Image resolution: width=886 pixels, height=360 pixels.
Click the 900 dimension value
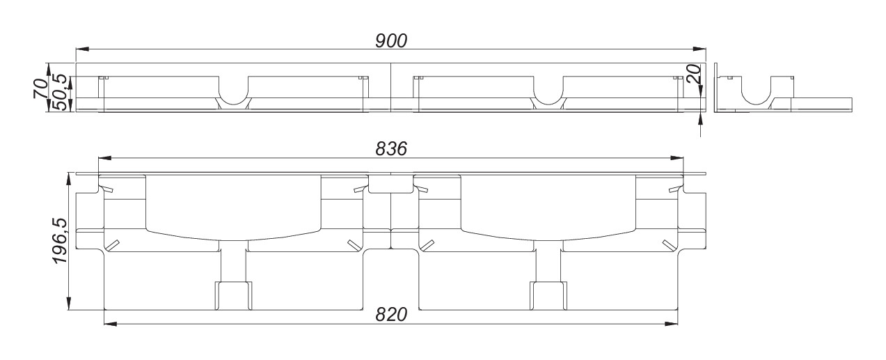click(x=390, y=40)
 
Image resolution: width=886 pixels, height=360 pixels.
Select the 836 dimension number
click(x=390, y=148)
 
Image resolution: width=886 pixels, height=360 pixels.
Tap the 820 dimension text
click(x=390, y=314)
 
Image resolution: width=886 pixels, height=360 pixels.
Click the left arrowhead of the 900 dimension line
click(x=81, y=49)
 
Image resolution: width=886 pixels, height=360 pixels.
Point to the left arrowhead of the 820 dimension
click(x=109, y=323)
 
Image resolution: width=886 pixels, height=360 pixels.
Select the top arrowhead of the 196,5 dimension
click(x=68, y=178)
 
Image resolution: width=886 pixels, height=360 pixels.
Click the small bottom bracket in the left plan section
click(x=233, y=295)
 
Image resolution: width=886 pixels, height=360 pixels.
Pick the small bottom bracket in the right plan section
click(x=548, y=295)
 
